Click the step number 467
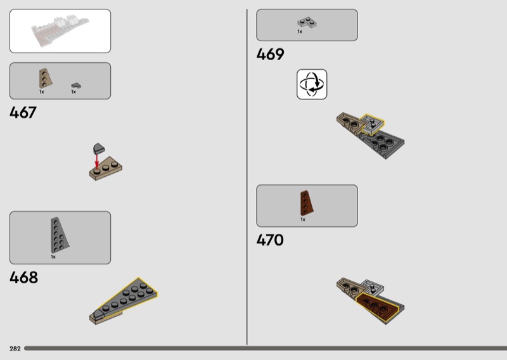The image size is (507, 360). click(x=23, y=113)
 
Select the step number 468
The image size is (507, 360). click(x=23, y=278)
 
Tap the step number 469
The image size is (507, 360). click(x=271, y=55)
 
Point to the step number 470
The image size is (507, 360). click(x=270, y=240)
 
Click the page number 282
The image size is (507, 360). click(x=15, y=349)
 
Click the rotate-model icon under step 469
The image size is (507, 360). click(x=312, y=84)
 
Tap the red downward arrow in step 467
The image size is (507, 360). click(x=97, y=162)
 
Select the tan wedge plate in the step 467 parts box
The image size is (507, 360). click(x=45, y=79)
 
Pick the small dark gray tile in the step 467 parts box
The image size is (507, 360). click(x=76, y=86)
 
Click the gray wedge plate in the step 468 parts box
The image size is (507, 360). click(x=59, y=235)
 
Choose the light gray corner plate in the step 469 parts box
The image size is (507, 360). click(x=307, y=22)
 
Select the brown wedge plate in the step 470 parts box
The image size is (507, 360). click(x=307, y=203)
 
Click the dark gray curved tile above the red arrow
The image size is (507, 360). click(x=99, y=148)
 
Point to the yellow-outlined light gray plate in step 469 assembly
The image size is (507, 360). click(x=373, y=124)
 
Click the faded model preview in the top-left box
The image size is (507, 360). click(x=60, y=30)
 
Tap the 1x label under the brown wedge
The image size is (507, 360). click(x=303, y=219)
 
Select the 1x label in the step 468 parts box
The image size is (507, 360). click(x=53, y=257)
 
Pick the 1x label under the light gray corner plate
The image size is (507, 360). click(x=300, y=32)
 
